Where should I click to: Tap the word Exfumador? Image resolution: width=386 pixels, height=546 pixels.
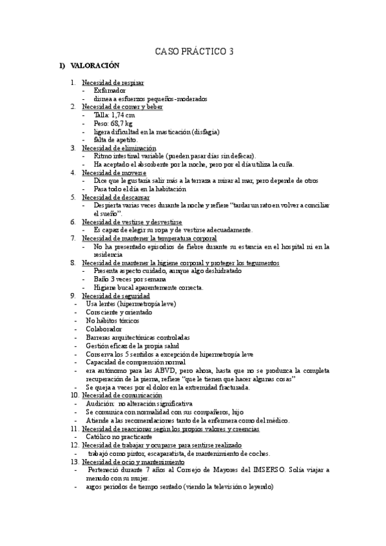point(108,91)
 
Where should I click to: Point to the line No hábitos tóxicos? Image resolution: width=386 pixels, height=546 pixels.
point(112,320)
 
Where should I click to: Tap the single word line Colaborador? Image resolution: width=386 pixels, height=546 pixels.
point(103,328)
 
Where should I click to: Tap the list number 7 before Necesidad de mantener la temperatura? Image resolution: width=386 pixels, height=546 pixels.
point(73,238)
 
